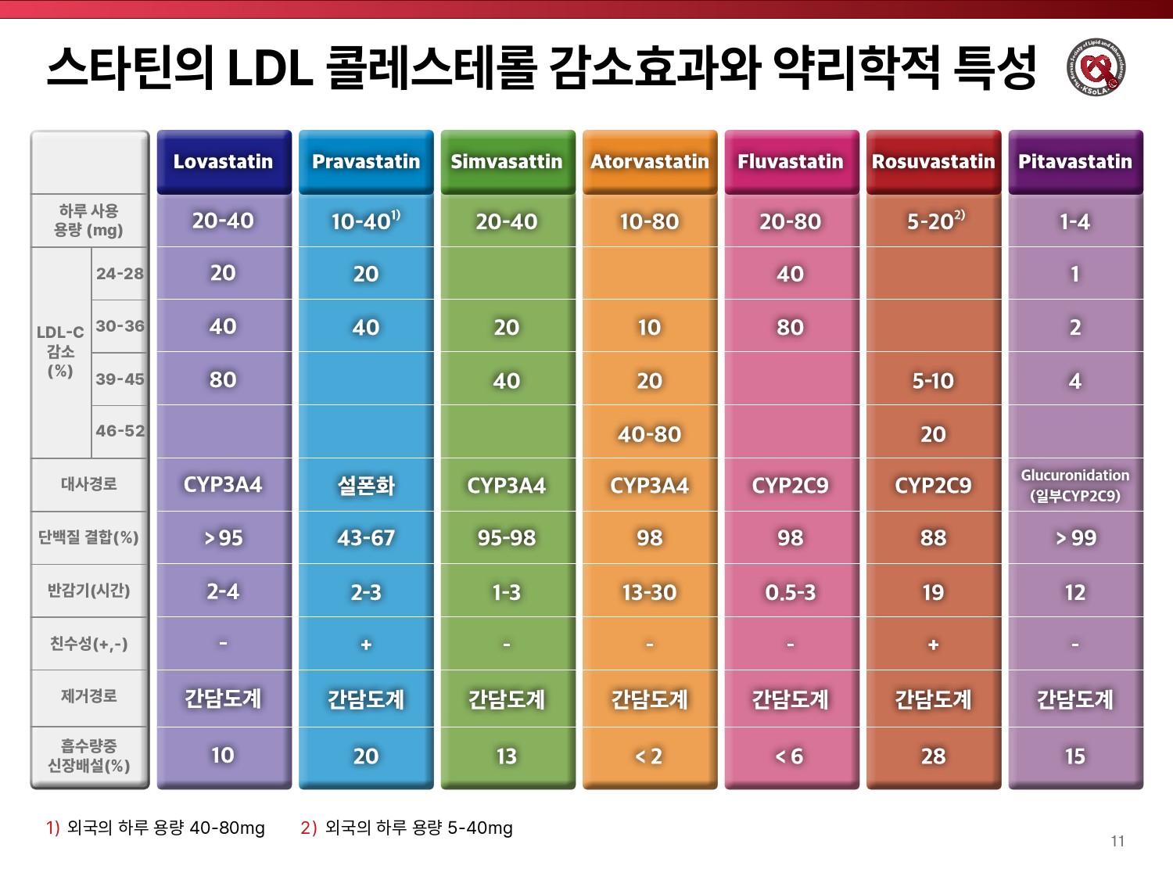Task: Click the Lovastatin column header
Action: click(x=224, y=162)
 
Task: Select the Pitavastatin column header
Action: click(x=1075, y=162)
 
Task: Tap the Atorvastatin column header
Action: click(x=649, y=162)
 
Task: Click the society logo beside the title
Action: click(x=1096, y=68)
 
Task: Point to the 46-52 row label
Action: click(x=120, y=431)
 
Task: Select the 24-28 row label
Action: click(x=120, y=274)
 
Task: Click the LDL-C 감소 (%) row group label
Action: click(x=60, y=351)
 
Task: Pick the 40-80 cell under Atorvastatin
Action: click(x=649, y=434)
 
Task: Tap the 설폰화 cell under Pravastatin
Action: click(x=366, y=486)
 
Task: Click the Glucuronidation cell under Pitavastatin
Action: click(x=1075, y=485)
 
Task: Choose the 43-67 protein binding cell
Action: click(x=366, y=538)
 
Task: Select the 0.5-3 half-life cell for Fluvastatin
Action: click(x=791, y=592)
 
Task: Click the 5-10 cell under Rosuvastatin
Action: click(x=933, y=381)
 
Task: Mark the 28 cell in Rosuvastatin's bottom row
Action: click(x=933, y=756)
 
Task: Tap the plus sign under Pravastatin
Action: click(x=366, y=645)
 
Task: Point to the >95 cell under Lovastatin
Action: click(x=224, y=538)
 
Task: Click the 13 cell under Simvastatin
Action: click(x=507, y=756)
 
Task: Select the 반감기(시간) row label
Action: click(x=88, y=591)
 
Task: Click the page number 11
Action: click(x=1117, y=841)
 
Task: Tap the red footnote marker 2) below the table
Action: click(x=308, y=828)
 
